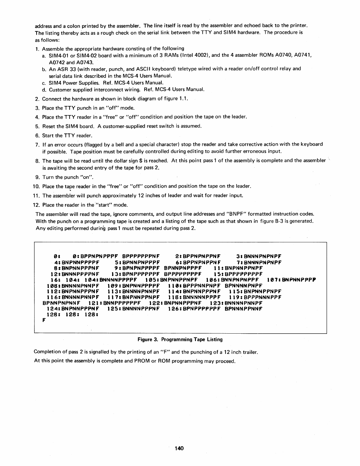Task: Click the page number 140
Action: coord(179,449)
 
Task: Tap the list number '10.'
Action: coord(36,186)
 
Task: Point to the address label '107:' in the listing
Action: coord(274,280)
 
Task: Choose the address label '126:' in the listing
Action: coord(175,309)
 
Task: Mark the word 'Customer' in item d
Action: coord(60,89)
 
